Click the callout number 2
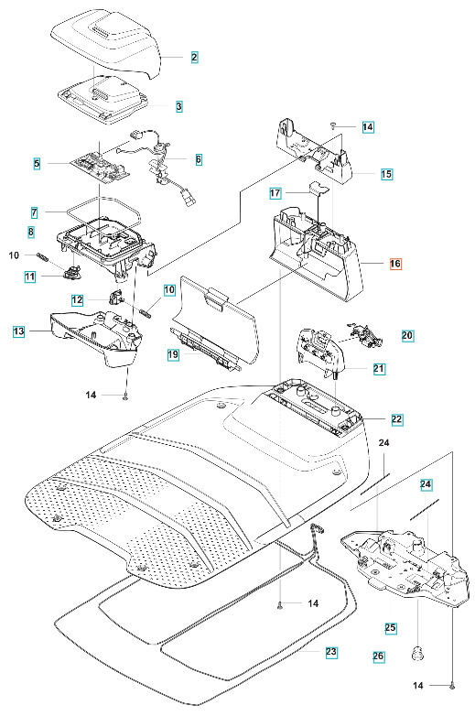(x=194, y=57)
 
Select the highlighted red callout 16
(x=394, y=263)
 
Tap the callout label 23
(x=330, y=652)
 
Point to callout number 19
(x=171, y=353)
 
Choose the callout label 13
(x=18, y=331)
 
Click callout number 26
(x=378, y=656)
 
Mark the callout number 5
(x=37, y=164)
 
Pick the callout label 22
(x=395, y=418)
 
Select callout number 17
(x=275, y=194)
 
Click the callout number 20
(x=407, y=336)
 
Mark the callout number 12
(x=78, y=299)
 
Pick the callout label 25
(x=390, y=628)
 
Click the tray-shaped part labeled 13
(x=92, y=334)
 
